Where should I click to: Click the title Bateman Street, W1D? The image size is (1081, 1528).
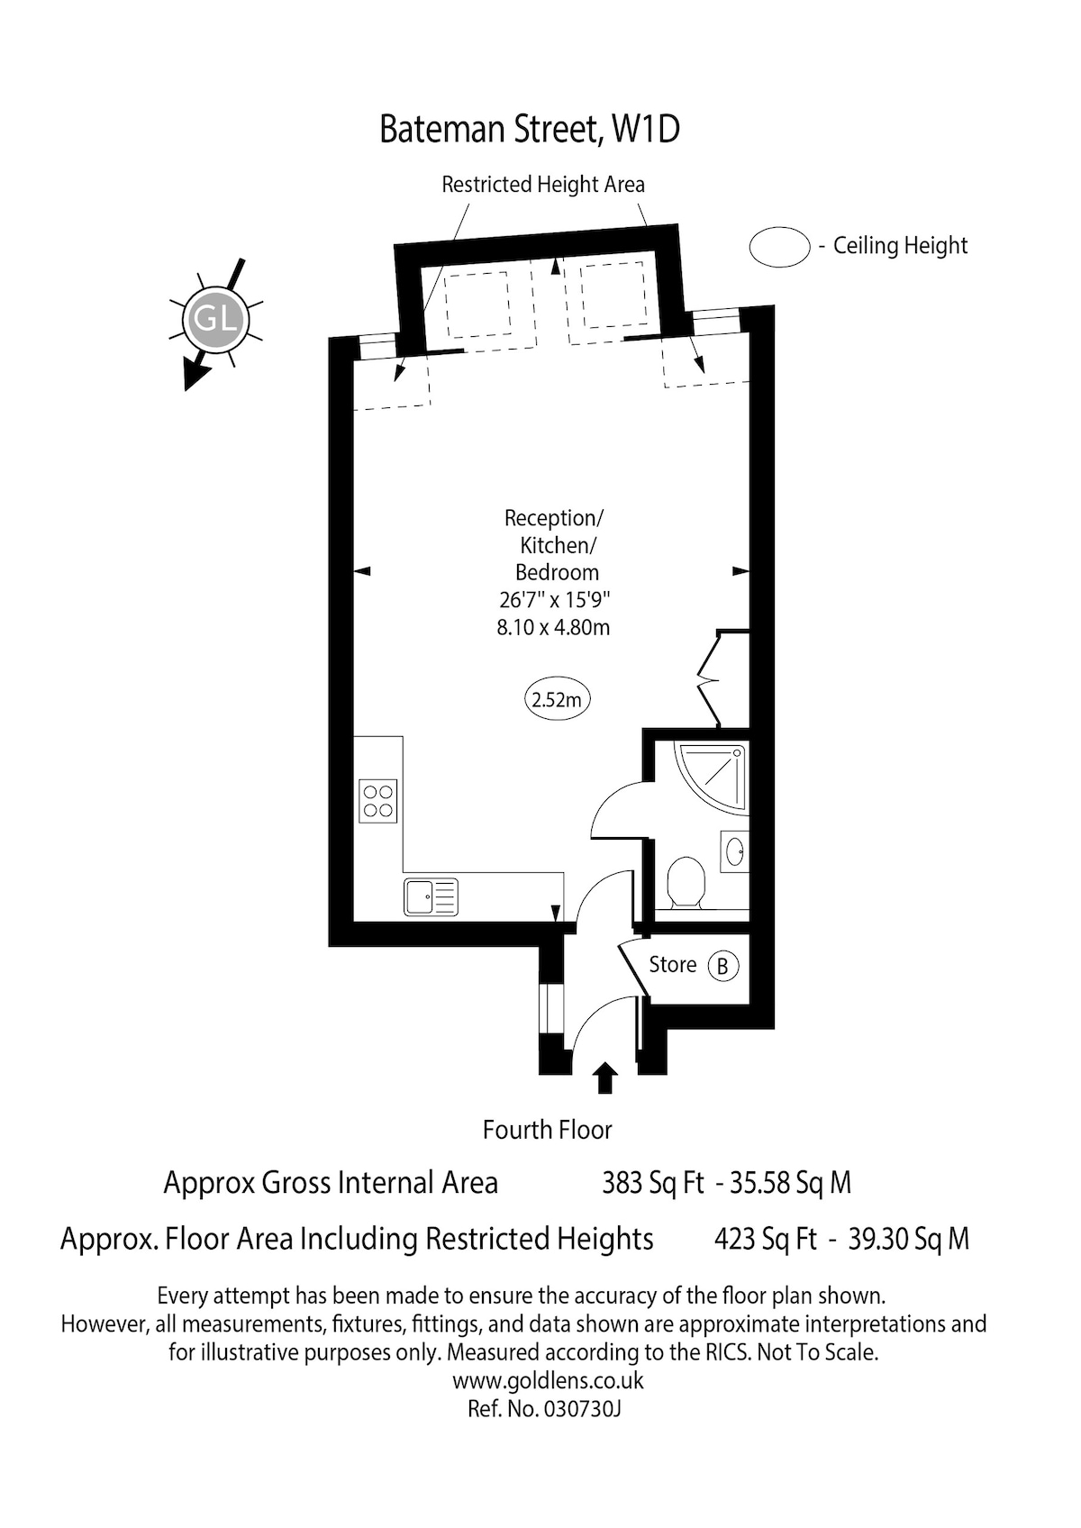530,129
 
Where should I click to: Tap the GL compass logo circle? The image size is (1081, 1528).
215,319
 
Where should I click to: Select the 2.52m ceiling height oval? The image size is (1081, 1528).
558,700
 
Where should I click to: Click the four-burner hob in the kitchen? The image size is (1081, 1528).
377,801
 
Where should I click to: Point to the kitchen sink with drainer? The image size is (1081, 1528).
431,897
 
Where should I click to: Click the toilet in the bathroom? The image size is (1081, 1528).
686,883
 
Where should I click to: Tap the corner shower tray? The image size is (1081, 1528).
710,778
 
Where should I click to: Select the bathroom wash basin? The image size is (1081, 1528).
734,851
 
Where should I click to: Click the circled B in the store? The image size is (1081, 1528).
723,966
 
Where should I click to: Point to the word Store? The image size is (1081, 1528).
672,965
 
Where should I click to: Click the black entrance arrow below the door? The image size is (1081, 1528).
604,1078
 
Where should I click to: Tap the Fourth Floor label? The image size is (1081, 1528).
547,1131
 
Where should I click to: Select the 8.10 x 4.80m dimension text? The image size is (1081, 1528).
553,627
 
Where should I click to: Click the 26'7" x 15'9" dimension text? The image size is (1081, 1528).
554,600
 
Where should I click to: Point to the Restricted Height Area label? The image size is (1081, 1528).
543,185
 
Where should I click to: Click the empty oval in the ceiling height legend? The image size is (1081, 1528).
779,246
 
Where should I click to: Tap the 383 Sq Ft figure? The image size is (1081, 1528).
653,1183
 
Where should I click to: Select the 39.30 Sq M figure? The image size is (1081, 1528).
908,1239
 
